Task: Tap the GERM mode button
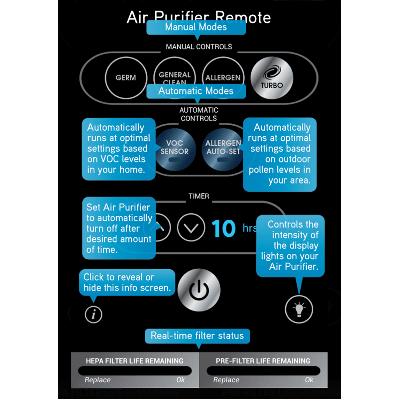[126, 78]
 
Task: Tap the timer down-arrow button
[191, 227]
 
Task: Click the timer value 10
[223, 229]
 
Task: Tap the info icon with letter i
[93, 314]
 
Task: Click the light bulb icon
[299, 309]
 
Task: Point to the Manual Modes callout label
[196, 27]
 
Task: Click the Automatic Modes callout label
[196, 91]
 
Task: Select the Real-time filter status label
[197, 336]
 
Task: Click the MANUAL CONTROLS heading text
[199, 47]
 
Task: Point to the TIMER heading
[199, 196]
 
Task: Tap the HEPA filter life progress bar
[135, 371]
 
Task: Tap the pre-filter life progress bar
[263, 371]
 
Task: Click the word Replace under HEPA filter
[97, 380]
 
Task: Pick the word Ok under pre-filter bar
[309, 380]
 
